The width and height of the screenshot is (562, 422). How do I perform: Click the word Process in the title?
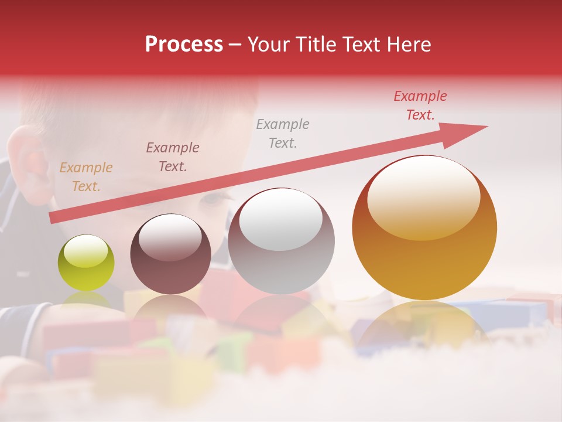[184, 45]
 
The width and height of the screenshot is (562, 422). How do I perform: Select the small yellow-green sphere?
[86, 263]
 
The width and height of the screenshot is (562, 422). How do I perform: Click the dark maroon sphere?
[170, 254]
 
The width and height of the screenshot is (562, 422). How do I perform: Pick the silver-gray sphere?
[281, 241]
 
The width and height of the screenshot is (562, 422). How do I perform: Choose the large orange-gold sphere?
[424, 227]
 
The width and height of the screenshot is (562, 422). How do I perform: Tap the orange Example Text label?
[86, 177]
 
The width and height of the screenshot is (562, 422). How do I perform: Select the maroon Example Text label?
[172, 157]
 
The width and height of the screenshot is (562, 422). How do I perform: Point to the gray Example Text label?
[283, 133]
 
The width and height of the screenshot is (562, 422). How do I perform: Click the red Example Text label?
[420, 105]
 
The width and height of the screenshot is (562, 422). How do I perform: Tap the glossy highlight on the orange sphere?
[423, 196]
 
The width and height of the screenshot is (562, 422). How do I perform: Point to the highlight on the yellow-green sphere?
[85, 251]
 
